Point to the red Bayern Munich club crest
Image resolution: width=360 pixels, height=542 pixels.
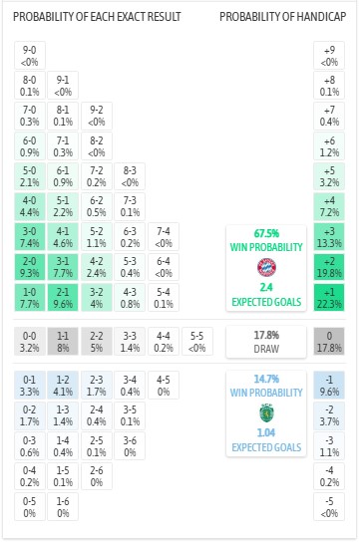point(265,267)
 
